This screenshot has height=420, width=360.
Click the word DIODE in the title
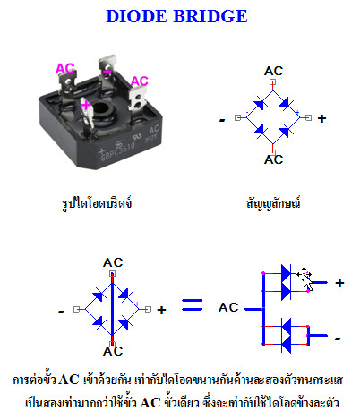pos(136,16)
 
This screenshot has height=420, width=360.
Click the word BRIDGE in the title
pos(210,16)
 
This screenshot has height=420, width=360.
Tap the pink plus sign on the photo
pos(86,105)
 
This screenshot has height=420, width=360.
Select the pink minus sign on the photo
pos(107,72)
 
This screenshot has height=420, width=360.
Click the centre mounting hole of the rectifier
pos(103,109)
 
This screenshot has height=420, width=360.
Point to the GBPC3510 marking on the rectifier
pos(117,151)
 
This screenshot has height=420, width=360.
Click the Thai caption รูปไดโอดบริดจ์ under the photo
pos(97,203)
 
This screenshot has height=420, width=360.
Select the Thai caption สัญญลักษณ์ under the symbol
pos(273,203)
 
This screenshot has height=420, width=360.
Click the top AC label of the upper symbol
pos(273,71)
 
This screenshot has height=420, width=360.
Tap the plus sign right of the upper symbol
pos(321,118)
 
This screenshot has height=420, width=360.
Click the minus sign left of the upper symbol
pos(222,120)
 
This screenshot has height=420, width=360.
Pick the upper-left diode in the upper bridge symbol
pos(260,104)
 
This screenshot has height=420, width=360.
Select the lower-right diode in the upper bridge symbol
pos(286,131)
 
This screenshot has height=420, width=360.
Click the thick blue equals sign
pos(193,304)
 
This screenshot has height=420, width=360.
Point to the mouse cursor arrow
pos(308,282)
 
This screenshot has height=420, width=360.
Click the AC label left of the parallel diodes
pos(228,307)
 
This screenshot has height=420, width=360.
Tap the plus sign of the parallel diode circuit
pos(339,283)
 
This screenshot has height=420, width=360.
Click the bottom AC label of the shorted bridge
pos(113,351)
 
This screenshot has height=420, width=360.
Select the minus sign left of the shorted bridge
pos(61,312)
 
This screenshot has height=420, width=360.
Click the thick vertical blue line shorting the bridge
pos(112,309)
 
